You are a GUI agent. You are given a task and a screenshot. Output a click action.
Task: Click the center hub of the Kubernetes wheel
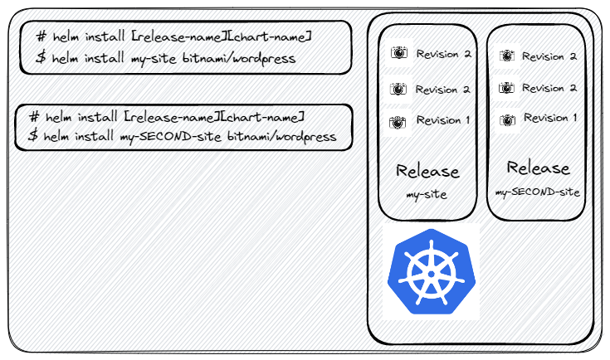431,274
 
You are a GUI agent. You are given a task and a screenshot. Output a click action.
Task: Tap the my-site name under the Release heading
427,194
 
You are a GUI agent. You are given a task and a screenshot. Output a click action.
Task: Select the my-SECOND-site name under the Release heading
537,192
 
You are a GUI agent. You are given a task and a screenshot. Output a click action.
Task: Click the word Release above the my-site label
427,171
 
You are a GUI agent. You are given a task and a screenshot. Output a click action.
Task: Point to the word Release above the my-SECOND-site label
538,168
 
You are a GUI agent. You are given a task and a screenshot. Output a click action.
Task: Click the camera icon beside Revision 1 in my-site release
398,123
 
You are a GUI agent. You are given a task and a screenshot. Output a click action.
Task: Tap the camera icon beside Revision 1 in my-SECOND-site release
507,120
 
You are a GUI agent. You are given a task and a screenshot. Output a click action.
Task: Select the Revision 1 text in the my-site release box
443,120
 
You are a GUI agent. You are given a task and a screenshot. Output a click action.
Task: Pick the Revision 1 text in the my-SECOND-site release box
550,118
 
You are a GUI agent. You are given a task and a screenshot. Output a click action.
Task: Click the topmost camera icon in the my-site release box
398,52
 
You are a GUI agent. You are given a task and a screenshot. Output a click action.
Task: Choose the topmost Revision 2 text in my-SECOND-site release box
549,56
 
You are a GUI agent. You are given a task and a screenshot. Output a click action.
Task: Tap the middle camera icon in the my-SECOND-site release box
506,88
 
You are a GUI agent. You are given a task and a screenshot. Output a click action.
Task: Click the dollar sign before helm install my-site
41,57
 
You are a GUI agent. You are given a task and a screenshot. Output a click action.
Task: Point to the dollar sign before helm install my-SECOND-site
33,135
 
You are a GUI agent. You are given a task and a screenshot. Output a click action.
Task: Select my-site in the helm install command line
154,59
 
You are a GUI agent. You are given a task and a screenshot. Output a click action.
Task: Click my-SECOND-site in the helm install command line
170,137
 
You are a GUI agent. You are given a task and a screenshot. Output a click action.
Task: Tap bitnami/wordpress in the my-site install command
239,58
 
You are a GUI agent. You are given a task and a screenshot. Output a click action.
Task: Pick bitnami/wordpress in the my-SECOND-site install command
281,137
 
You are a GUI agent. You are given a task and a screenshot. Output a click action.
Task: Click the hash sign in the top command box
41,36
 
